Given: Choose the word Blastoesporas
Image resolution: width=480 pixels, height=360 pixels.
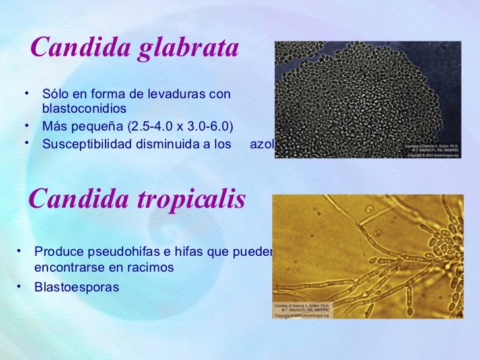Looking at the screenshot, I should (x=76, y=287).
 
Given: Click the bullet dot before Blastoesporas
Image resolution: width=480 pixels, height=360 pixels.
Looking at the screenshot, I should (x=20, y=286).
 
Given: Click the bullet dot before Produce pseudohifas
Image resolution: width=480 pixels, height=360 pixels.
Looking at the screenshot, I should (x=20, y=251).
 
